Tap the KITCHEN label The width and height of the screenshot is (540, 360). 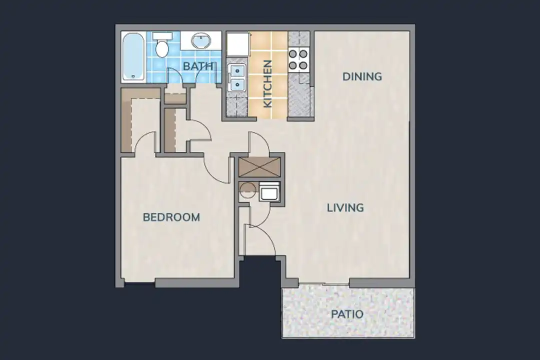267,84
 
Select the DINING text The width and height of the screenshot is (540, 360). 362,76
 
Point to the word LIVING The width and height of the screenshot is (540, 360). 345,207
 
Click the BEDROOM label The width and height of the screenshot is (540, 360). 171,217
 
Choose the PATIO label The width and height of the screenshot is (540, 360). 347,314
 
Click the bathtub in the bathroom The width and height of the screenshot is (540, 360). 133,56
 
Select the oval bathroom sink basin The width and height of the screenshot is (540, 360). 201,40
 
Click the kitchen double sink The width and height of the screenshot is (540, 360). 236,77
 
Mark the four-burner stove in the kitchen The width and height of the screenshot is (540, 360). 298,59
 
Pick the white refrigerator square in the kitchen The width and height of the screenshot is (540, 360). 238,44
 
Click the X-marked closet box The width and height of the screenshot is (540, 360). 259,166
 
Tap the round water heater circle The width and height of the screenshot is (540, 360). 246,190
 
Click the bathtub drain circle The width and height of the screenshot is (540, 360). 133,76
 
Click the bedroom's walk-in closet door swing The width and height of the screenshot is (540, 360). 145,142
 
